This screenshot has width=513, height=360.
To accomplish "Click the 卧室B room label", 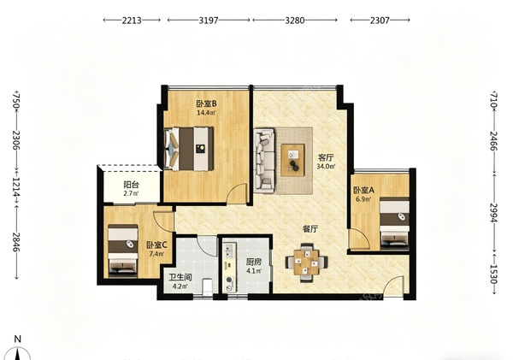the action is tap(206, 103).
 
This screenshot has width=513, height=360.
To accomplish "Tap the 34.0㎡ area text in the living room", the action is tap(326, 166).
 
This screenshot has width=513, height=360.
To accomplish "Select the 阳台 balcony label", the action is tap(131, 185).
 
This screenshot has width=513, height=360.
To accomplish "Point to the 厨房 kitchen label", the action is tap(254, 263).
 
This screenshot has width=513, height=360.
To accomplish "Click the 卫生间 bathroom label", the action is tap(180, 278).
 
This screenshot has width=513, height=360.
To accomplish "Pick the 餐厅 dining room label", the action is tap(310, 229).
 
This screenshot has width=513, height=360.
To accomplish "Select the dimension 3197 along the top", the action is tap(209, 21).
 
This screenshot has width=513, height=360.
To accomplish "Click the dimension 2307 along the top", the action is tap(380, 21).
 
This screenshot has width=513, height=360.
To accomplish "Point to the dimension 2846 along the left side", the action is tap(15, 242).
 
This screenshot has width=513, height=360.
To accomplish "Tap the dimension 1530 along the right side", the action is tap(493, 274).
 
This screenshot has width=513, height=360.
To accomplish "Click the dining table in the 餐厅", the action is tap(307, 263).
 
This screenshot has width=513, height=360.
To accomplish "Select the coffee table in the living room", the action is tap(292, 160).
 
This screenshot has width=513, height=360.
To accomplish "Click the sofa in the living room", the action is tap(264, 159).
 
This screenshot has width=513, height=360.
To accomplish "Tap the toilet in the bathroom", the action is tap(207, 287).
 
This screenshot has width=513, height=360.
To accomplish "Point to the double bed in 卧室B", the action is tap(189, 149).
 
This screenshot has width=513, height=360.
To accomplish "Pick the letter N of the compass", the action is tap(18, 339).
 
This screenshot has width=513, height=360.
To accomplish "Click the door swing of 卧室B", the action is tap(237, 193).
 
